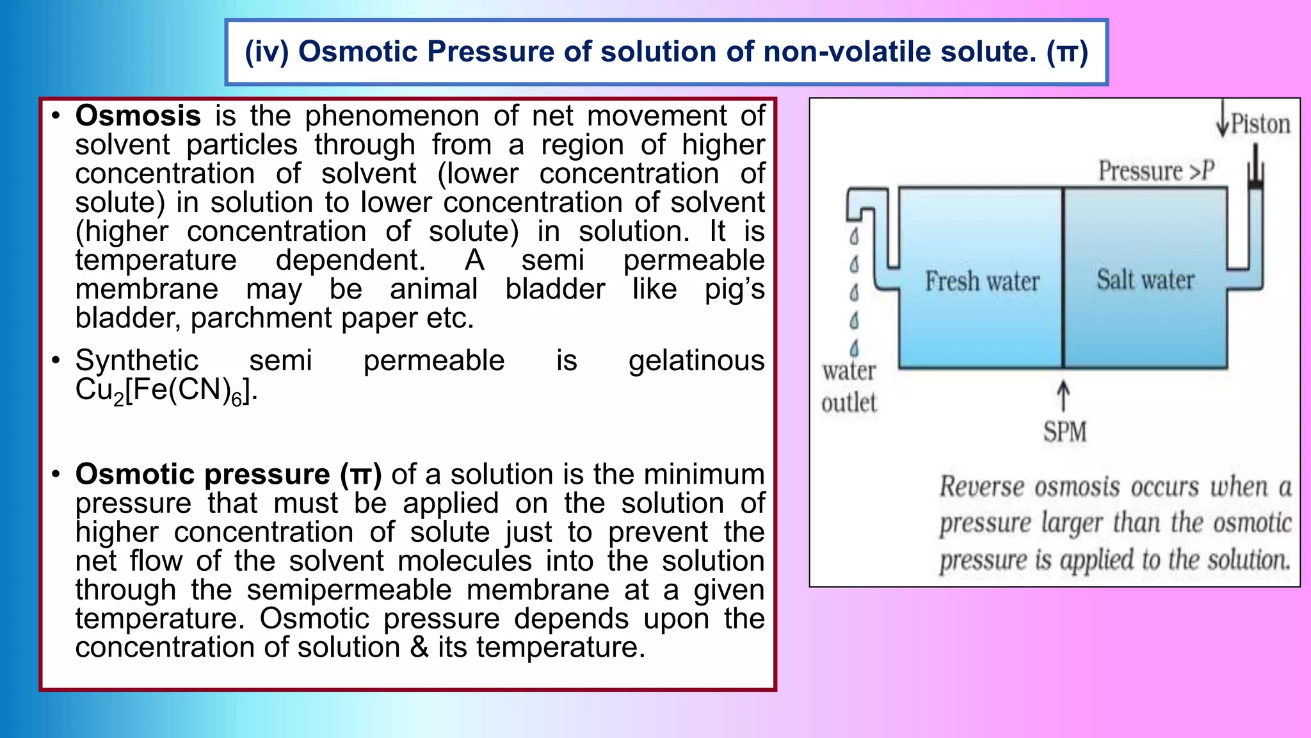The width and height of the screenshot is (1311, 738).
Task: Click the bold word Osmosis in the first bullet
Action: tap(138, 116)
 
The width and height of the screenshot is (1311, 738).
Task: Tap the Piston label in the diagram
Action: tap(1260, 124)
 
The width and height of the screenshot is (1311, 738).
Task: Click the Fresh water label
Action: tap(982, 281)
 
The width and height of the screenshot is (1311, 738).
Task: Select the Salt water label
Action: tap(1145, 280)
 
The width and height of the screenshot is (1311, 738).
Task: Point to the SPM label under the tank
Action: tap(1065, 431)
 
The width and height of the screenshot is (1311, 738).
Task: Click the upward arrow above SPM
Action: tap(1063, 396)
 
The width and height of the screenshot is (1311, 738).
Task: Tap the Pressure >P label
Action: tap(1156, 171)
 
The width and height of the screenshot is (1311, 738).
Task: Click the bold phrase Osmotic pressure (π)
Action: tap(228, 475)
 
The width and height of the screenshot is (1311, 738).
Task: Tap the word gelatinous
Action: tap(696, 361)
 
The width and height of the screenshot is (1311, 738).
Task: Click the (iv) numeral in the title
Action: tap(266, 52)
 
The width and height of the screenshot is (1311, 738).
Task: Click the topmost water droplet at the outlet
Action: tap(854, 237)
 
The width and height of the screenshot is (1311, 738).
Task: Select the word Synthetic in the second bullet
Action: tap(136, 361)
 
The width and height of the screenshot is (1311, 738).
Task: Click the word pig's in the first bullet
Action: tap(734, 290)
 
